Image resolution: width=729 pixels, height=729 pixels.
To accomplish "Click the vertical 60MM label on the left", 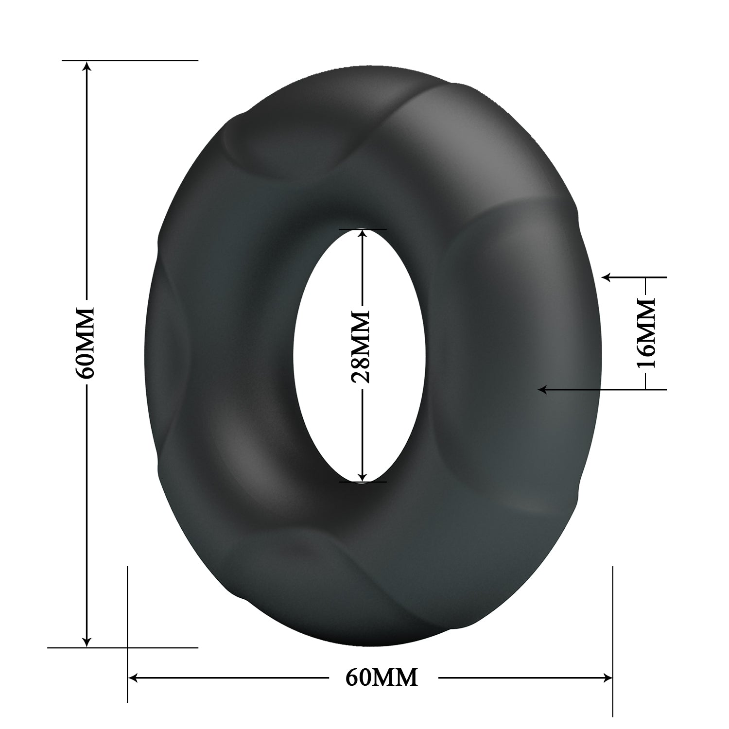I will pos(87,342).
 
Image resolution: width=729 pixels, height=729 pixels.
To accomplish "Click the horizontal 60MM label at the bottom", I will pos(382,677).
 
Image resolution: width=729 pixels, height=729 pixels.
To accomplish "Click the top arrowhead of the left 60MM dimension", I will pos(87,66).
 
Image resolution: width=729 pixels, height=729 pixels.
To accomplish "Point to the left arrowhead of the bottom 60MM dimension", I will pos(133,677).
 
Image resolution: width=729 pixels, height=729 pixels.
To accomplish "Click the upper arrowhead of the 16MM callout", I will pos(607,278).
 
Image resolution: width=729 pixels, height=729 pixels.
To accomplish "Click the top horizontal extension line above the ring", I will pos(146,60).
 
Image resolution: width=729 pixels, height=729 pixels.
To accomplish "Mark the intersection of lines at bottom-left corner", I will pos(127,647).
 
